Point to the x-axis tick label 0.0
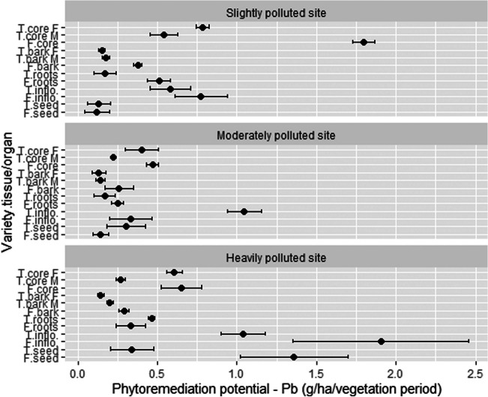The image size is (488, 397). pyautogui.click(x=78, y=372)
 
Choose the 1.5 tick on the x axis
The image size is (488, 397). pyautogui.click(x=316, y=372)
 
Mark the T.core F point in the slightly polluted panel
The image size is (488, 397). pyautogui.click(x=202, y=27)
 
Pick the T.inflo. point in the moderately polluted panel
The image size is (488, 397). pyautogui.click(x=244, y=211)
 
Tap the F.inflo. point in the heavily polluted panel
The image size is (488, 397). pyautogui.click(x=382, y=342)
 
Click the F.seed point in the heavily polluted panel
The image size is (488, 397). pyautogui.click(x=294, y=357)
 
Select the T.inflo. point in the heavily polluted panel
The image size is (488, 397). pyautogui.click(x=243, y=334)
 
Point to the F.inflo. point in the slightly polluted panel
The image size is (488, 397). pyautogui.click(x=201, y=97)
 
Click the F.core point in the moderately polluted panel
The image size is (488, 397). pyautogui.click(x=153, y=165)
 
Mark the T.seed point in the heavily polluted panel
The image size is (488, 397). pyautogui.click(x=132, y=350)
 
